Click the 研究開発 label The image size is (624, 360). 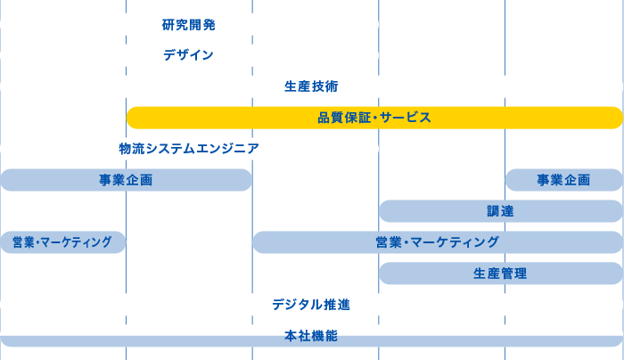pos(189,25)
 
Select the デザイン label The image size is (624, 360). pos(188,55)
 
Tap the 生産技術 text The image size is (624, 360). pos(311,86)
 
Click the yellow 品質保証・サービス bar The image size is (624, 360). pos(374,118)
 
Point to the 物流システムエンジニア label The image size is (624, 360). pos(189,149)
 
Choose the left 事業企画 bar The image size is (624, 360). pos(126,180)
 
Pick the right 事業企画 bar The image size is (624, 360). pos(563,180)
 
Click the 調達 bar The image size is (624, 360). pos(500,211)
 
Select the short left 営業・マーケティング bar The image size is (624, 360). pos(62,242)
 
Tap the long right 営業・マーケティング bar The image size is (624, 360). pos(437,242)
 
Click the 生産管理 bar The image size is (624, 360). pos(500,274)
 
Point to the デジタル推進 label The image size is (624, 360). pos(311,305)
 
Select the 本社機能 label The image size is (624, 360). pos(311,336)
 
